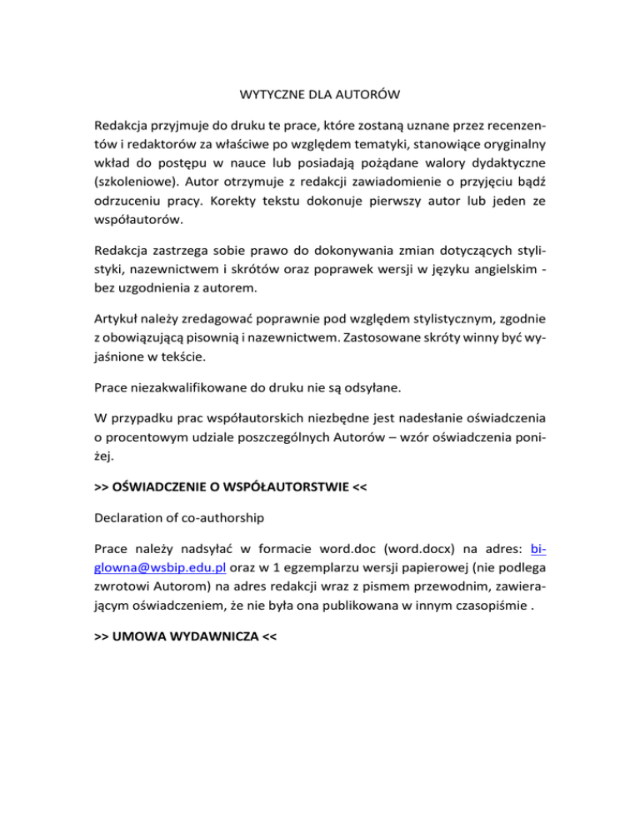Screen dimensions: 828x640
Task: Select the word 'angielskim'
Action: click(499, 272)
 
